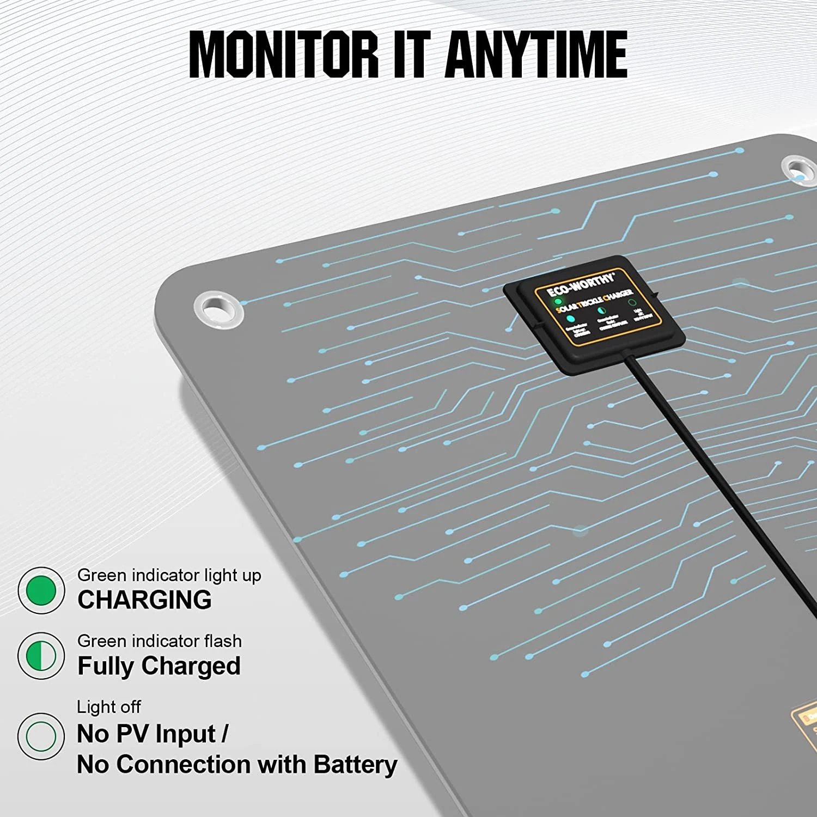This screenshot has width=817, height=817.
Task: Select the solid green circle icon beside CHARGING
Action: coord(41,590)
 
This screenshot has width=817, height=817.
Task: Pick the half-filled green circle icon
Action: coord(41,656)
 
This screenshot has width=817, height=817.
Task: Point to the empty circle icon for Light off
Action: coord(41,736)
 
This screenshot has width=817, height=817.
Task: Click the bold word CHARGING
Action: coord(144,600)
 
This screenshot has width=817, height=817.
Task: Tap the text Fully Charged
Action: coord(159,666)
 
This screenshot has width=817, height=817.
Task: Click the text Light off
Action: coord(109,707)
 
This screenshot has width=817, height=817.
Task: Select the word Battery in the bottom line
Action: coord(355,765)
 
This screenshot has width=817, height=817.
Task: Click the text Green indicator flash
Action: coord(160,641)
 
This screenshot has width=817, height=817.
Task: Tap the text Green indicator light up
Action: coord(169,575)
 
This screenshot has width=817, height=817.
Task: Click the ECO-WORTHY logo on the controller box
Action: coord(581,284)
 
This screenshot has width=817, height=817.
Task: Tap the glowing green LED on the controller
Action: coord(558,301)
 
